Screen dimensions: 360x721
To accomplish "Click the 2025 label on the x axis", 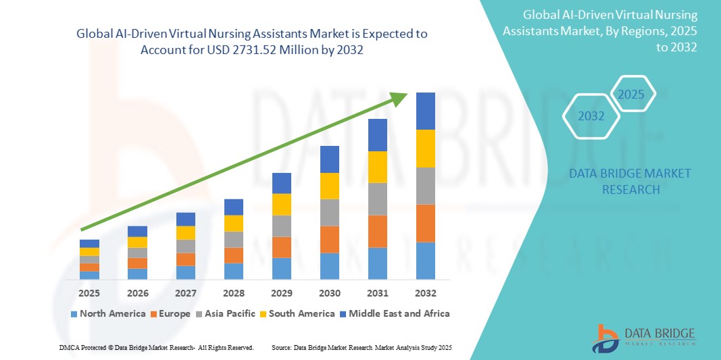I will [89, 293].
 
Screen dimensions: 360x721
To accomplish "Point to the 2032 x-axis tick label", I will [425, 293].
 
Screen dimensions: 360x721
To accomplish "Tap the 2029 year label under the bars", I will [281, 293].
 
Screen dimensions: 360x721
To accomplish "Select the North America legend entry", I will [107, 313].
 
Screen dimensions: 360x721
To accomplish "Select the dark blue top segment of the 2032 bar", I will [425, 111].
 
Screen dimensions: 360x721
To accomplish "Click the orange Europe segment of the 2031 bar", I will [377, 231].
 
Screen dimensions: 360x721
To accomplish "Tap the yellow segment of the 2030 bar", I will [329, 186].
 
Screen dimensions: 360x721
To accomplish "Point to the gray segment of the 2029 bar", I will [281, 226].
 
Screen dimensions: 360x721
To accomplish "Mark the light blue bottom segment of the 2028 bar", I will [233, 271].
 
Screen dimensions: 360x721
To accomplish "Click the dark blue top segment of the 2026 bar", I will [137, 231].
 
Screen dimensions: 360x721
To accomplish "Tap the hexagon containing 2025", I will [632, 94].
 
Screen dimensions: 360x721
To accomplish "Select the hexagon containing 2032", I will [591, 116].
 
